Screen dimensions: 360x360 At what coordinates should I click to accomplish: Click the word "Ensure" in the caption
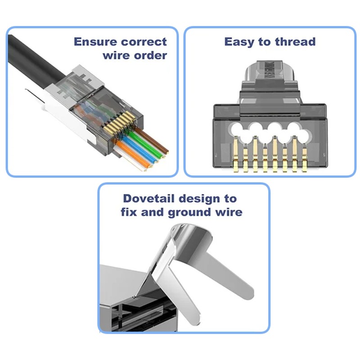[x=95, y=42]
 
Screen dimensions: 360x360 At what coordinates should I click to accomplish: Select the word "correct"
[x=144, y=42]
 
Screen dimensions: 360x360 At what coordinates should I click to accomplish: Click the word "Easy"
[x=239, y=42]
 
